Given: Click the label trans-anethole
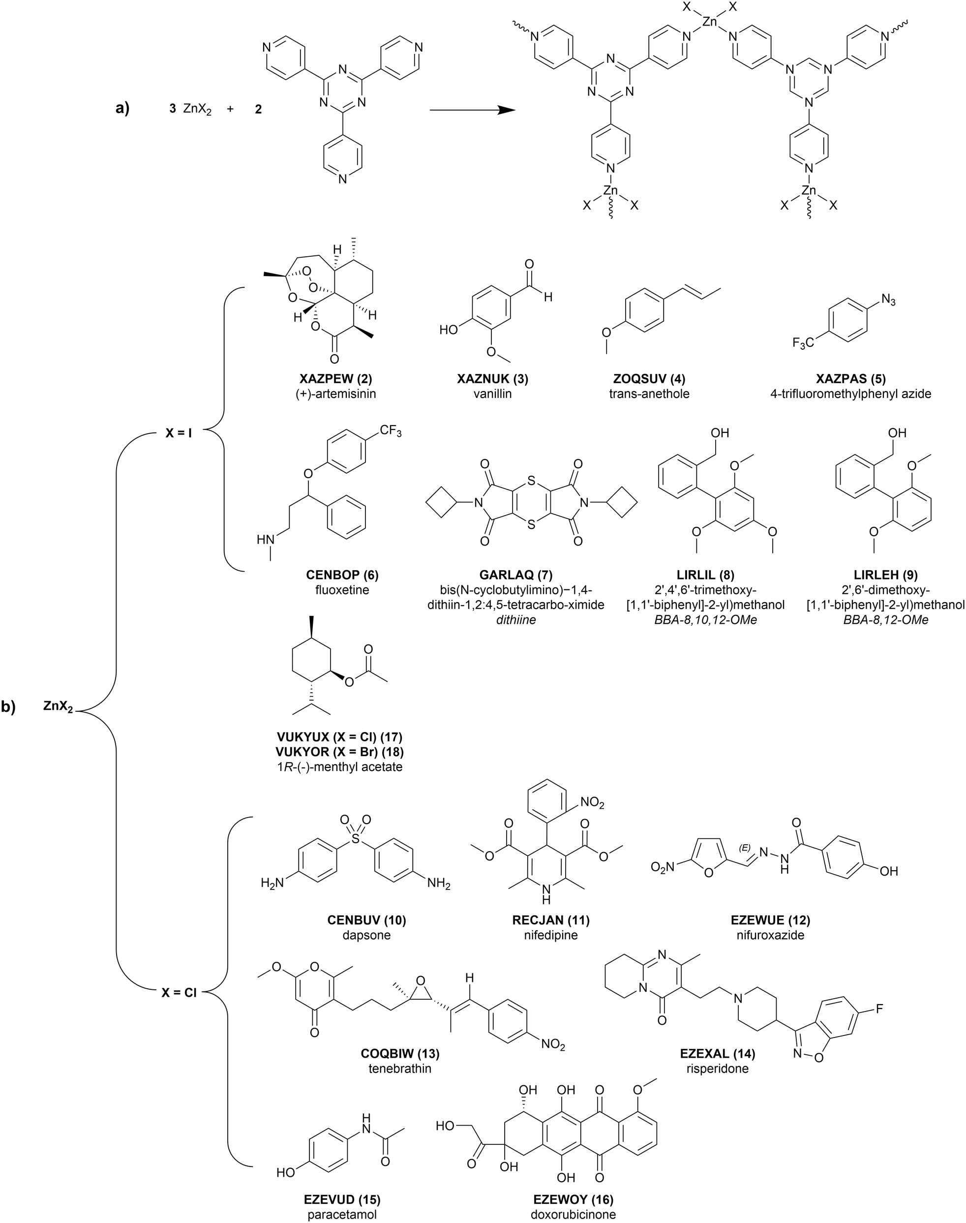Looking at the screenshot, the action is (x=649, y=394).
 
